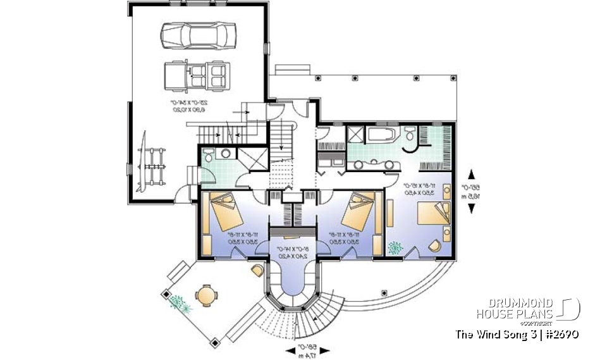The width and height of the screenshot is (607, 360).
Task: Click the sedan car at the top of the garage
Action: [x=198, y=35]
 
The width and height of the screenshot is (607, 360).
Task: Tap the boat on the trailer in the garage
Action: [x=146, y=163]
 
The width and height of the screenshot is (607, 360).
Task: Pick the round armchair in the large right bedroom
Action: [x=436, y=247]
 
